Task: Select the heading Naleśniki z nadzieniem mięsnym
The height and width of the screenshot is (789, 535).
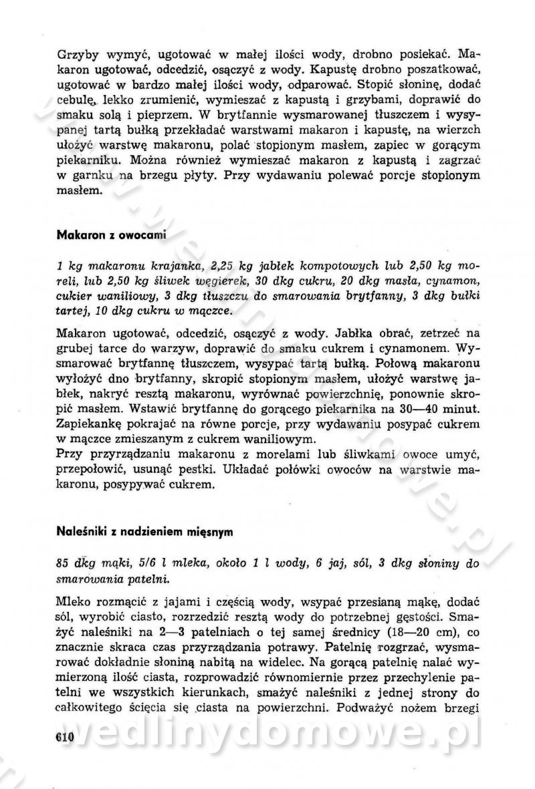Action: tap(144, 532)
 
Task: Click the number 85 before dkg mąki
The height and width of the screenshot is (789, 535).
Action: tap(64, 563)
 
